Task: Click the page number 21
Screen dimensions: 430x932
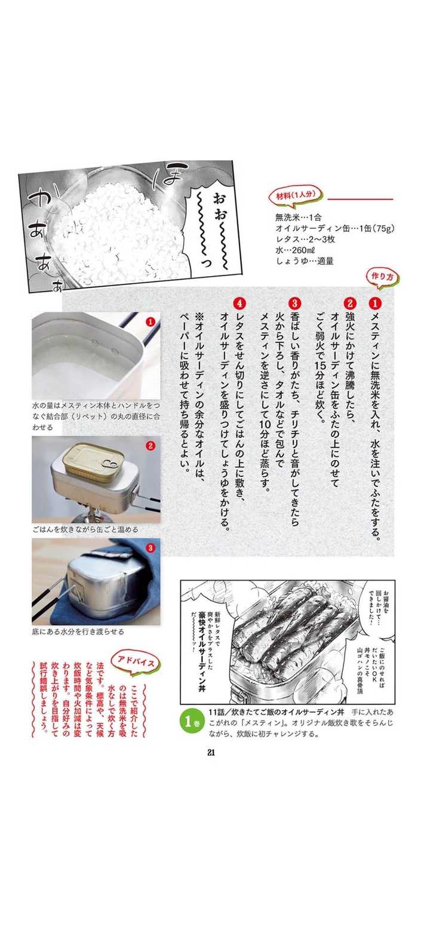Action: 211,752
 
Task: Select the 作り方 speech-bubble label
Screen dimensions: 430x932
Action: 382,277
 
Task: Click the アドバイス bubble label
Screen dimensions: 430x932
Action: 136,661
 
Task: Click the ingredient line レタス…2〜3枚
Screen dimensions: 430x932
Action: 305,239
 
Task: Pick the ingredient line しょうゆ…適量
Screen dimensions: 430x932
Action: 305,261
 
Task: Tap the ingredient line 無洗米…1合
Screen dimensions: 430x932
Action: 298,217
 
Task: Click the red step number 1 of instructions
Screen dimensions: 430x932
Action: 375,303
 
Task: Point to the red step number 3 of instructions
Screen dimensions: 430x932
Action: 294,303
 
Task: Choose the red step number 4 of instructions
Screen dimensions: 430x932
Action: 239,303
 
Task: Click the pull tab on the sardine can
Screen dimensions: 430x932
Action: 109,463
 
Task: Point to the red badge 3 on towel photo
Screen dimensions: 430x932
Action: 150,547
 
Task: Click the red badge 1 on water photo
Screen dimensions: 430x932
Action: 150,321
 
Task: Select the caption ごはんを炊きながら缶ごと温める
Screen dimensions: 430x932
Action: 85,530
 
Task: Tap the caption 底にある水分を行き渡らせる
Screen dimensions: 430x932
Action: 78,631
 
